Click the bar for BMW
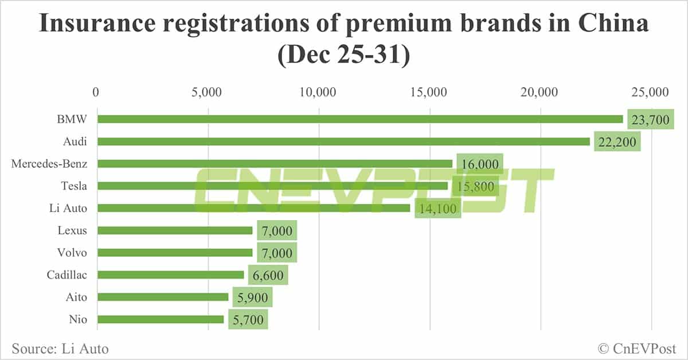[360, 119]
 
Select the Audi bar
[344, 142]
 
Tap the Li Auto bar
[253, 208]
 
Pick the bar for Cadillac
[171, 275]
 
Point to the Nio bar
[161, 319]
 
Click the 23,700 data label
[650, 120]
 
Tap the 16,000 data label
[480, 164]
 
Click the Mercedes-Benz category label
[49, 164]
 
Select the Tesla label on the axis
[74, 186]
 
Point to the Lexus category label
[72, 230]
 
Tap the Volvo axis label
[72, 253]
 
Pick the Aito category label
[77, 297]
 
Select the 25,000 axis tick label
[651, 92]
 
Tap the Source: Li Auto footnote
[60, 348]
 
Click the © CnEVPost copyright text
[637, 348]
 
